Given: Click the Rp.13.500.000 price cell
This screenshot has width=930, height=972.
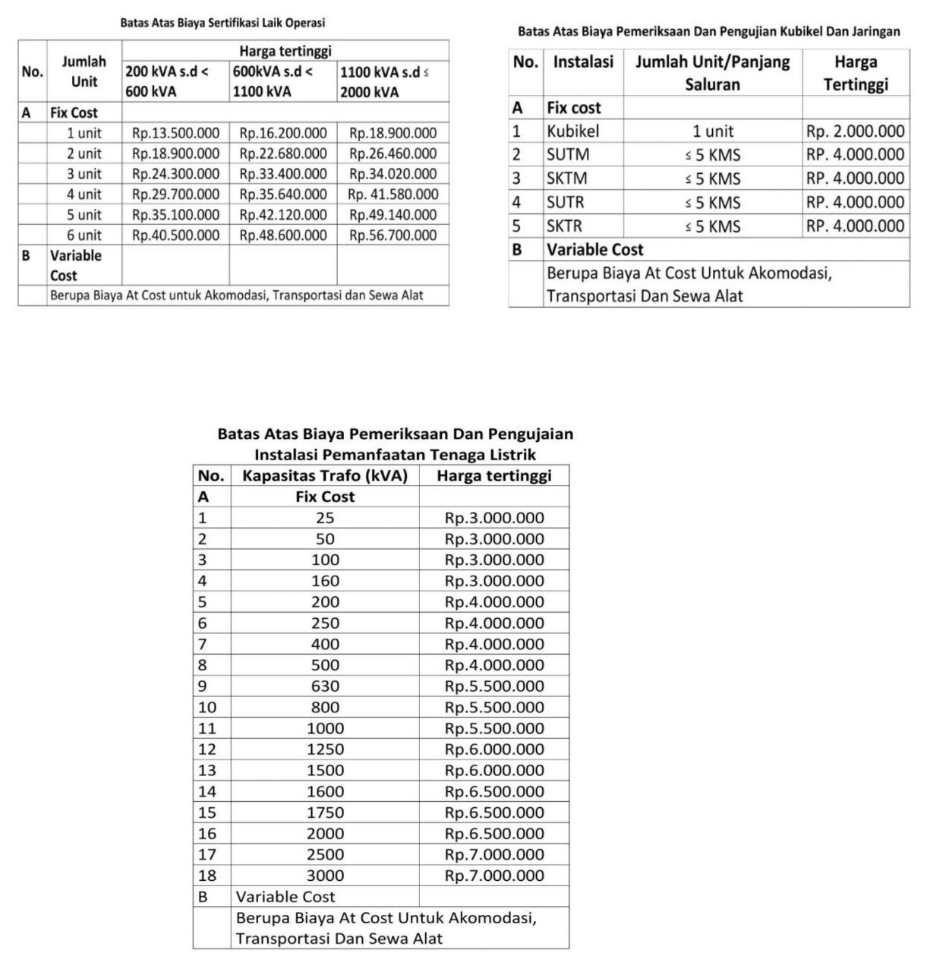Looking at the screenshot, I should tap(175, 133).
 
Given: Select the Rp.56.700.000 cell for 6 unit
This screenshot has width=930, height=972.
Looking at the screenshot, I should tap(392, 235).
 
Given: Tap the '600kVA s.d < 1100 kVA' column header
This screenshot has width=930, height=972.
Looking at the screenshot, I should tap(282, 81).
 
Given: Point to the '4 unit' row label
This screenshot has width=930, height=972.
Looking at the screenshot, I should tap(84, 194).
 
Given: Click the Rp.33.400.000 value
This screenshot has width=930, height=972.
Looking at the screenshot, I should tap(283, 174).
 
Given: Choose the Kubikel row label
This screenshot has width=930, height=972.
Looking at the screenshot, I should tap(573, 131).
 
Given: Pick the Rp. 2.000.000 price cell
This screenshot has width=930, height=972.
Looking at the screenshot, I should tap(856, 131).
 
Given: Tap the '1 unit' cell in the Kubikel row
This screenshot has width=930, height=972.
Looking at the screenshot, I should tap(712, 131).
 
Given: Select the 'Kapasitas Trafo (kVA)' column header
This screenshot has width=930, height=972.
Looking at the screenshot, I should tap(325, 476).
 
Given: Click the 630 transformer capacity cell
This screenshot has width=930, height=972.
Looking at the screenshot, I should tap(325, 686).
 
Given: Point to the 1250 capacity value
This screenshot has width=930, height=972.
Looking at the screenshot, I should tap(325, 750).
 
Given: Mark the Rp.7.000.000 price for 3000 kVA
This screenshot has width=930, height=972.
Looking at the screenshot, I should tap(494, 876).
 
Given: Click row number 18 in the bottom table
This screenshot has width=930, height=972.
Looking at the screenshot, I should tap(207, 876).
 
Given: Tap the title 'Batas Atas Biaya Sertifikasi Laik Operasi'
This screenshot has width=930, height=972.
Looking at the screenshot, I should tap(222, 24).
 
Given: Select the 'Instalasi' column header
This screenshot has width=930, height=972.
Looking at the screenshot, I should tap(583, 62).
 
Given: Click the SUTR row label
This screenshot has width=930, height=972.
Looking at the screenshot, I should tap(566, 203).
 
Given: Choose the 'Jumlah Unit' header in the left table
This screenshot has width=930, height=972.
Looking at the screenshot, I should tap(84, 71).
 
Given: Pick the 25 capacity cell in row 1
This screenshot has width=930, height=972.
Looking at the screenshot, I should tap(325, 518).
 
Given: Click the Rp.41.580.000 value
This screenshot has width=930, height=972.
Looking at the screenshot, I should tap(392, 194).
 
